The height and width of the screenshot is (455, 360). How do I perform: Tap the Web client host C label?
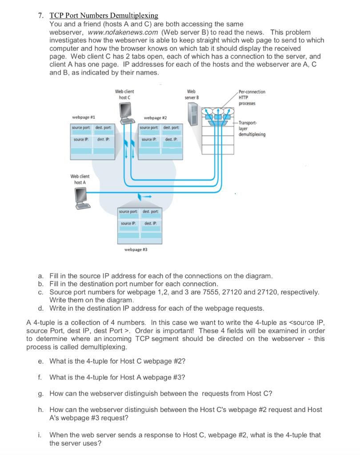click(124, 94)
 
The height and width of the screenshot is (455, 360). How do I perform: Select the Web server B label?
click(192, 94)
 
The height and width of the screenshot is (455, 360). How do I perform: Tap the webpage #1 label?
click(83, 117)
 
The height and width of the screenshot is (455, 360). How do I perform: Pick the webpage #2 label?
click(156, 118)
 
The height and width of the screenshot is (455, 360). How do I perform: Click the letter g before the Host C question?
click(40, 393)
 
